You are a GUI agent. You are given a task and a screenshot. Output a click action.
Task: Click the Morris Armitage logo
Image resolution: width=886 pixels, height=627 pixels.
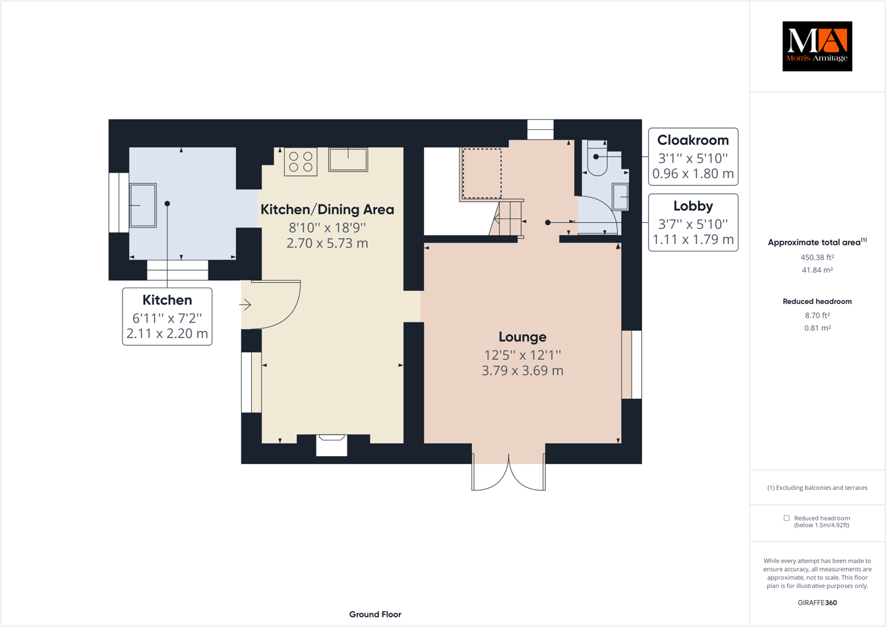tap(817, 46)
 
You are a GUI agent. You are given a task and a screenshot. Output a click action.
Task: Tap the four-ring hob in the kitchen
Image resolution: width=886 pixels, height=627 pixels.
tap(301, 162)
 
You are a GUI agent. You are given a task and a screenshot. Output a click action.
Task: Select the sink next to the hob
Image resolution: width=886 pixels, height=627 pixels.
tap(348, 160)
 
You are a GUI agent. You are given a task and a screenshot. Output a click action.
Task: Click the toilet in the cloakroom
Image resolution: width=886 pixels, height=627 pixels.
tap(597, 158)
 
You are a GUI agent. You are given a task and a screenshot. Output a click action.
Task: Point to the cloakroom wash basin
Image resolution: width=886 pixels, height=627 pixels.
tap(620, 196)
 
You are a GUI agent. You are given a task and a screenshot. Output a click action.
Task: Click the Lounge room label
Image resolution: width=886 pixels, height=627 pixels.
tap(522, 337)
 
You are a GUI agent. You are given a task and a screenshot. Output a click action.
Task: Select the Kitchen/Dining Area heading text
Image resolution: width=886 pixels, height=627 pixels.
tap(327, 210)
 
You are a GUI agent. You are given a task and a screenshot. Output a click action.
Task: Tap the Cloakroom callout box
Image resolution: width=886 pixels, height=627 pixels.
tap(693, 157)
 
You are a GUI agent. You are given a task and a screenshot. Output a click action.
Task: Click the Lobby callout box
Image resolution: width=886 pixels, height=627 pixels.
tap(693, 223)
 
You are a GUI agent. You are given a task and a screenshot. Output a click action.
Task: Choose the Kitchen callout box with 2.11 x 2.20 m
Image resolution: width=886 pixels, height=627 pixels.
tap(167, 316)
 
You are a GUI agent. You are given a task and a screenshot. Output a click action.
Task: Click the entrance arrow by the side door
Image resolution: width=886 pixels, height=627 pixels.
tap(245, 305)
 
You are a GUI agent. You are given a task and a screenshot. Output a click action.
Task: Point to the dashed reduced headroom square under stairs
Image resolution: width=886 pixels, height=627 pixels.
tap(482, 173)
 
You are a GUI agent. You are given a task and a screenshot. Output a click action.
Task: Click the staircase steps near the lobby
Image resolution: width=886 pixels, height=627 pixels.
tap(509, 219)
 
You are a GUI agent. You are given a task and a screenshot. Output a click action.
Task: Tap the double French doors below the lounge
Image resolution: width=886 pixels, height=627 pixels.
tap(508, 472)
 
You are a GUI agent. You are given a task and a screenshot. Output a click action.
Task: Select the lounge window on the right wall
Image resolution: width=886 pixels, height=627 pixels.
tap(632, 365)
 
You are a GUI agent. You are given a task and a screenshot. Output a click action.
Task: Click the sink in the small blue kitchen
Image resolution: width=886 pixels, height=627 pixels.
tap(143, 206)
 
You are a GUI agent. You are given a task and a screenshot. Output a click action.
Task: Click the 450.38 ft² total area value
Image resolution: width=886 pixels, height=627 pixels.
tap(817, 258)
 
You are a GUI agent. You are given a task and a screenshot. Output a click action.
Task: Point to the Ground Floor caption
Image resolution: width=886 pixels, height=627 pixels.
tap(375, 614)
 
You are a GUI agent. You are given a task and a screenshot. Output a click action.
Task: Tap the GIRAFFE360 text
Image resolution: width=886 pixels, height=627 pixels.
tap(817, 603)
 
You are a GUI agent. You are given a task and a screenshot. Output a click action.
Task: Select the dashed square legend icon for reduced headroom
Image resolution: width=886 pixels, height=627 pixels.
tap(786, 518)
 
